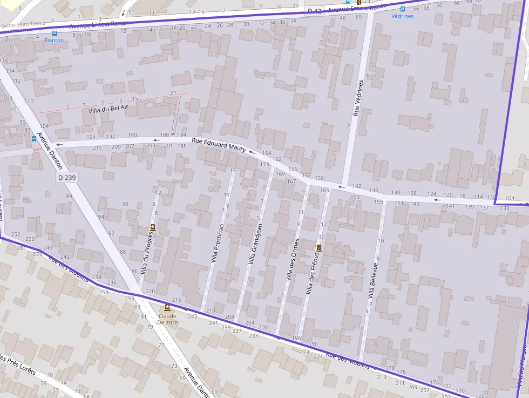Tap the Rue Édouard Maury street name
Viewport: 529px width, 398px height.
219,144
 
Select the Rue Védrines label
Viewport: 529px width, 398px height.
356,98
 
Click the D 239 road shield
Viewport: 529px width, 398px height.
66,177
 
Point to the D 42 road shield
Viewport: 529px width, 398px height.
315,11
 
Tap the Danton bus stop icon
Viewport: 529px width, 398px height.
54,33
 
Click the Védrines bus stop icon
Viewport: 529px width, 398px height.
403,9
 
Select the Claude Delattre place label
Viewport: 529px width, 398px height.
167,319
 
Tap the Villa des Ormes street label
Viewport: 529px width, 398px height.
292,260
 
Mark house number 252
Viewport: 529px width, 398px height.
16,234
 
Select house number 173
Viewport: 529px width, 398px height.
264,165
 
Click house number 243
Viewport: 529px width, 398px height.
193,316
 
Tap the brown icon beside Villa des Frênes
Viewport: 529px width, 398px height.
318,248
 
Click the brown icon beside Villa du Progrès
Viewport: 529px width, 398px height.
153,227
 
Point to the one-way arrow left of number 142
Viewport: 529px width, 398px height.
340,187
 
